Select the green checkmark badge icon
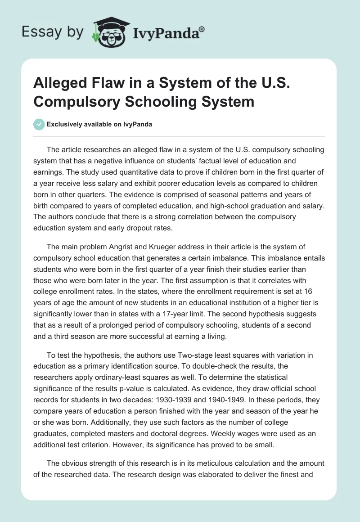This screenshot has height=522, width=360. (39, 124)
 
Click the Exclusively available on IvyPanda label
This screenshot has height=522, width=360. (99, 125)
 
